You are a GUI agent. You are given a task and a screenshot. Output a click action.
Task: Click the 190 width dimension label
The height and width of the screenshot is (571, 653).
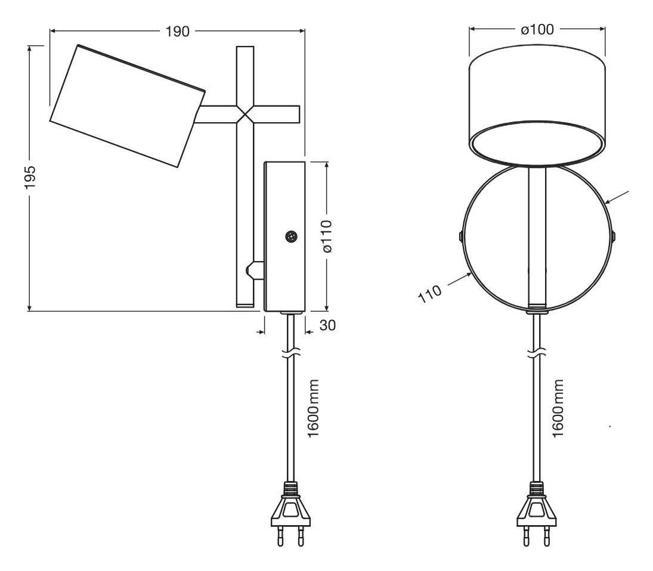177,32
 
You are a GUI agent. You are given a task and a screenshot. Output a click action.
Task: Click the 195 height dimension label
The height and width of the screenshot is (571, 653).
30,177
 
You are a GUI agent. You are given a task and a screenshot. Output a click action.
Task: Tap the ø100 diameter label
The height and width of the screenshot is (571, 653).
537,30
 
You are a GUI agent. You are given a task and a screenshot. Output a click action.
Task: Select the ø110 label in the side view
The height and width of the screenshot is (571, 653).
327,236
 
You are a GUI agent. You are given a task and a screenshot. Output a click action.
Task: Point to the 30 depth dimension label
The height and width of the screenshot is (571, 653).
327,325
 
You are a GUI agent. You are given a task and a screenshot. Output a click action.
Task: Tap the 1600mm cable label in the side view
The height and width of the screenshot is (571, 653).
312,408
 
